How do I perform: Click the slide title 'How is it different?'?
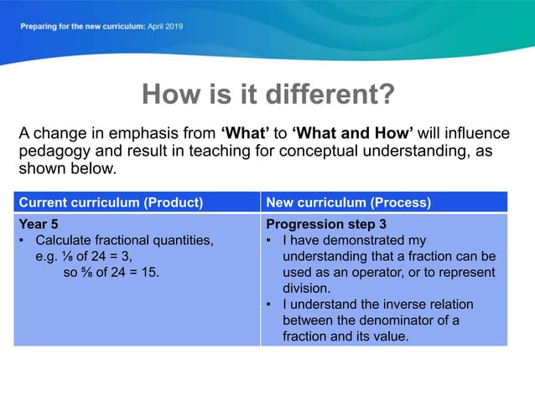pos(267,95)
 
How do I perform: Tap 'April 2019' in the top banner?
pos(164,26)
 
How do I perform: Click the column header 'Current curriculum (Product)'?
pos(111,203)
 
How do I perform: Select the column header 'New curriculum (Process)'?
pos(348,203)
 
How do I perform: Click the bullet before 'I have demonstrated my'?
pos(269,241)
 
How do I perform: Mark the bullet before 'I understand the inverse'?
pos(269,304)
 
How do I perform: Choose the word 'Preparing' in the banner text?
pos(39,26)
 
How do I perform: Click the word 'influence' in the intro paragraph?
pos(478,133)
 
